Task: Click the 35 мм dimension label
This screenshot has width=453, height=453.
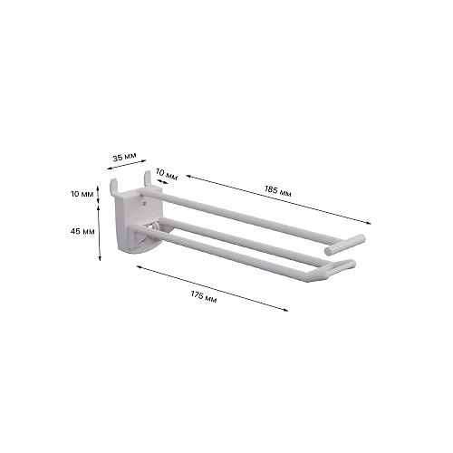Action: pyautogui.click(x=124, y=157)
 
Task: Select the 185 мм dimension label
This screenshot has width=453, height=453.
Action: pyautogui.click(x=278, y=191)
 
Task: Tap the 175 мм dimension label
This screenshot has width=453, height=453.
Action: pyautogui.click(x=204, y=296)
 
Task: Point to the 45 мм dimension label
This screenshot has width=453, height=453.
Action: pyautogui.click(x=82, y=231)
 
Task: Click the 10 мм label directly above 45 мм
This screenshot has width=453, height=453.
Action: pyautogui.click(x=82, y=194)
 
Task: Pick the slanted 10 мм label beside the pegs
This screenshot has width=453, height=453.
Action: pyautogui.click(x=167, y=174)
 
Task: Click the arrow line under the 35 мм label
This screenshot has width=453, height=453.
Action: pyautogui.click(x=127, y=165)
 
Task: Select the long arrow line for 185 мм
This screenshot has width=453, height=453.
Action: pyautogui.click(x=278, y=199)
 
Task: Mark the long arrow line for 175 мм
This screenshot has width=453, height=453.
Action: pyautogui.click(x=212, y=288)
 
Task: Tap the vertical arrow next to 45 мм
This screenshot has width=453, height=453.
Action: pyautogui.click(x=100, y=233)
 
